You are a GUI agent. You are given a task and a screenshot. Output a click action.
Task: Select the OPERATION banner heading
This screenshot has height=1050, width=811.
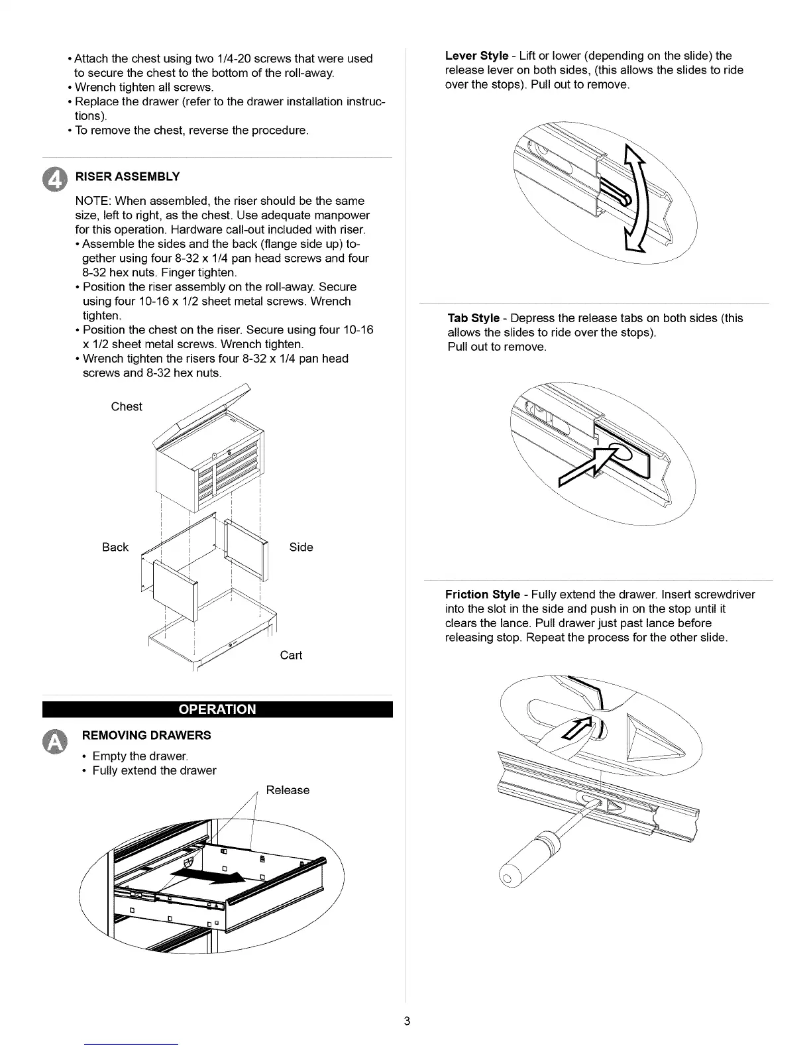click(x=217, y=709)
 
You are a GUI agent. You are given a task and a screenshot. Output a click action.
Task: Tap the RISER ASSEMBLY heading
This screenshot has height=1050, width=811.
click(x=127, y=176)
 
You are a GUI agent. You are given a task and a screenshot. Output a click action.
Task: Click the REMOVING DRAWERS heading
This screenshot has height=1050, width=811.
click(x=146, y=735)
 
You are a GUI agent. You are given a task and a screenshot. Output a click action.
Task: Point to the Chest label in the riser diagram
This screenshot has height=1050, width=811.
click(x=127, y=406)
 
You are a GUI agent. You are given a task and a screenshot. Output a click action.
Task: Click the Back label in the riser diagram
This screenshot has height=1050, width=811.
click(x=115, y=547)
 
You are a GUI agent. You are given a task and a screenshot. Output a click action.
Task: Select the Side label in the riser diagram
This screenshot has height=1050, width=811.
click(x=301, y=547)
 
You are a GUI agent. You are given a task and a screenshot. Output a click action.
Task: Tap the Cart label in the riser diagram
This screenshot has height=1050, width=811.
click(x=291, y=655)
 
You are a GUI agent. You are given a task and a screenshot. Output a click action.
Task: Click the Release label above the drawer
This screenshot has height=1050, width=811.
click(x=288, y=790)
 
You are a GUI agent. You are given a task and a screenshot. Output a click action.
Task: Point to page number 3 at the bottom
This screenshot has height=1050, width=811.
click(x=407, y=1021)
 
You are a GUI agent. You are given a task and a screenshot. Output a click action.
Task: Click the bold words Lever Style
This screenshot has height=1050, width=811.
click(x=476, y=56)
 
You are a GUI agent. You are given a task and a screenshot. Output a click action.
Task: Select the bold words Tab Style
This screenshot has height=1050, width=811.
click(x=474, y=318)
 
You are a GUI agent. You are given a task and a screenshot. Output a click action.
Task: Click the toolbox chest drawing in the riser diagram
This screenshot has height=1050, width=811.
click(x=209, y=464)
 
